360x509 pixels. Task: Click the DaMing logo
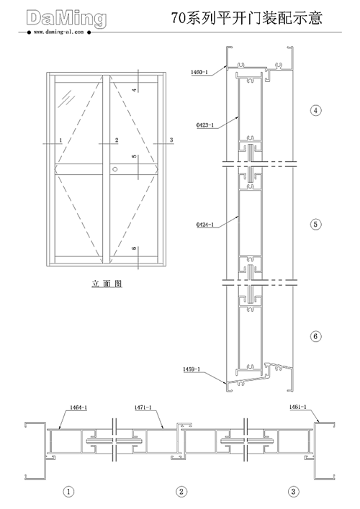pos(66,19)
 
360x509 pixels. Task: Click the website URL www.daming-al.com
pos(59,32)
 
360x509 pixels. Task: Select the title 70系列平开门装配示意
pos(247,18)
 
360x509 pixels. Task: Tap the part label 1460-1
pos(199,72)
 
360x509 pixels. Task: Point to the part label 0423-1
pos(204,125)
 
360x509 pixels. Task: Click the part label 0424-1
pos(204,225)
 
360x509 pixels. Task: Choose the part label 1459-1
pos(192,369)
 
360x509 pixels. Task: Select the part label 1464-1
pos(78,407)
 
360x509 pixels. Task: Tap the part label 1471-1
pos(143,407)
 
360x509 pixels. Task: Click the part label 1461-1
pos(297,407)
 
